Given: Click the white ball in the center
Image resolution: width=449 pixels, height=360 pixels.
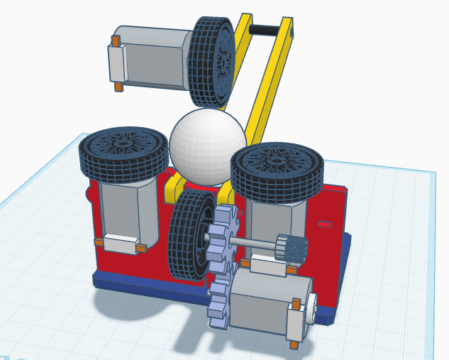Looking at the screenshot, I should click(x=206, y=146).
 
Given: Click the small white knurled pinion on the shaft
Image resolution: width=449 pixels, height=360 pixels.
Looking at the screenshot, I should click(x=291, y=249).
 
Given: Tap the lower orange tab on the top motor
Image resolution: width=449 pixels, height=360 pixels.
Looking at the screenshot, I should click(x=117, y=87).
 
